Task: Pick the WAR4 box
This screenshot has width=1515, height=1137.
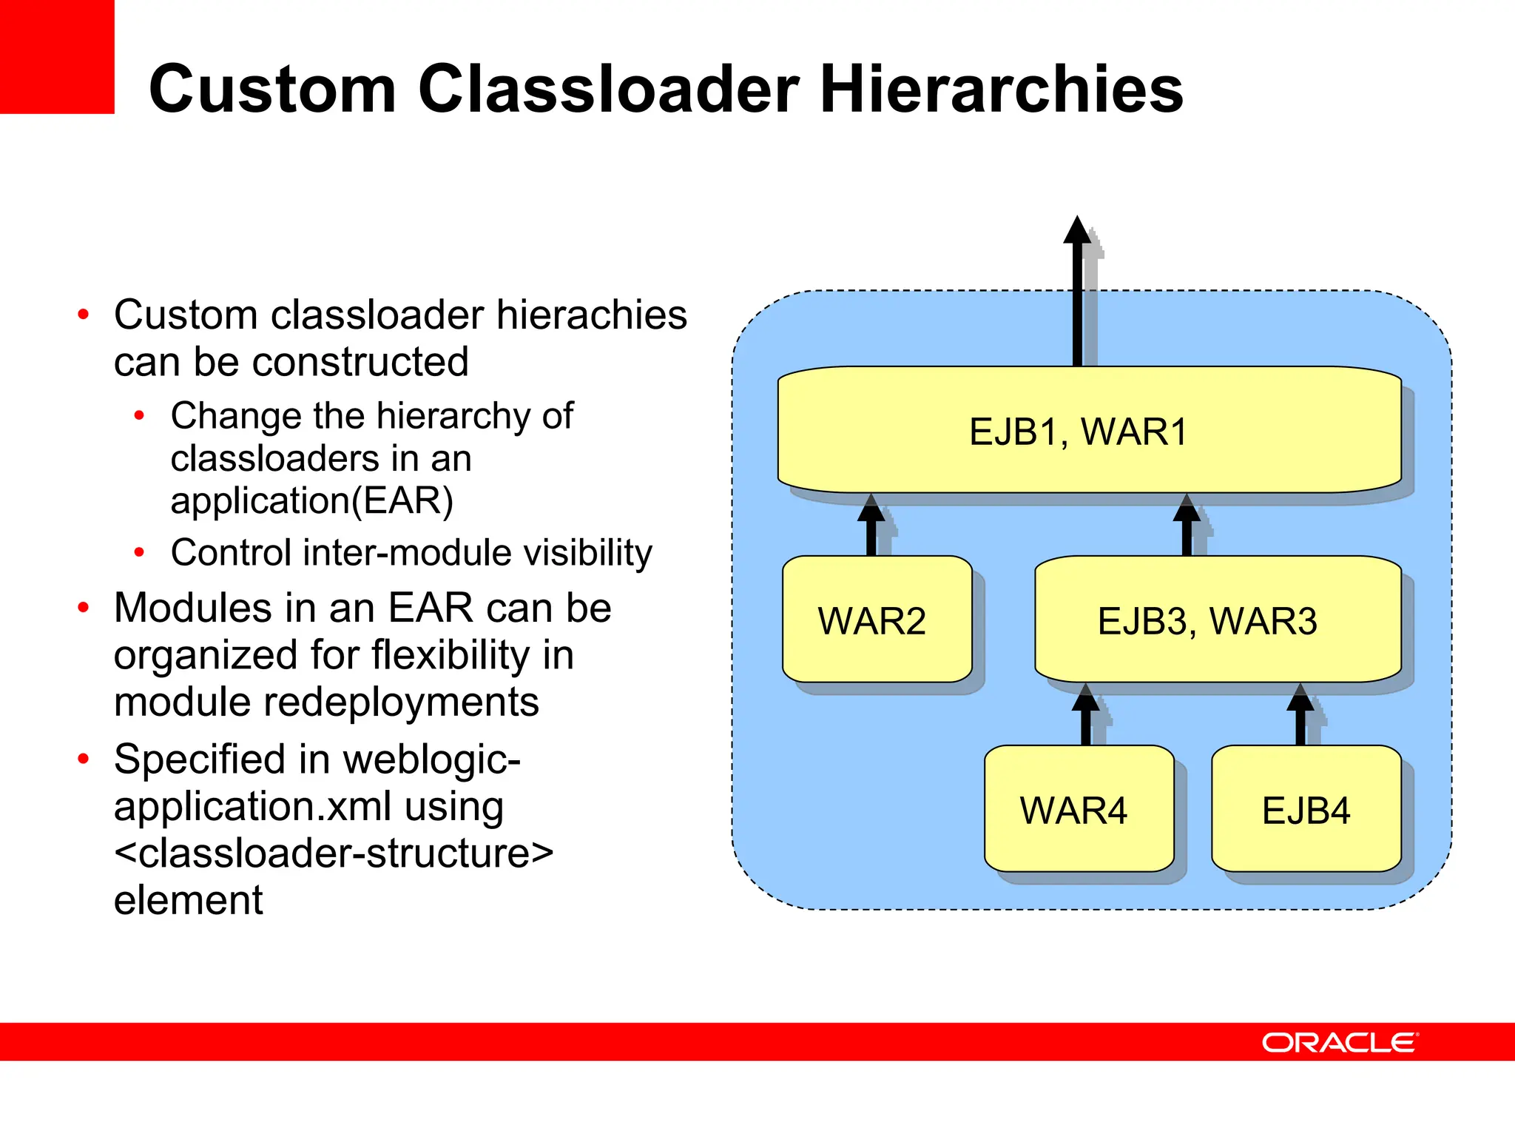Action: [x=1078, y=809]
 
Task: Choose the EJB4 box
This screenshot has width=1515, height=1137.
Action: [x=1306, y=809]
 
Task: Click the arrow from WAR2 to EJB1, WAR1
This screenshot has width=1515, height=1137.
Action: [x=871, y=527]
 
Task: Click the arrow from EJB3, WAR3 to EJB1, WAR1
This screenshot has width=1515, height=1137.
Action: [x=1187, y=527]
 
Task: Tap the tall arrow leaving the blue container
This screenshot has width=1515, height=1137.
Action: [x=1077, y=296]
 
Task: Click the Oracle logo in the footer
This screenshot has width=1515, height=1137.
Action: [x=1339, y=1042]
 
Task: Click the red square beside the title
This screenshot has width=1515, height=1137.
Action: [x=57, y=56]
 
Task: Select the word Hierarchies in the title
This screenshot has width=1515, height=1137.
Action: [x=1001, y=89]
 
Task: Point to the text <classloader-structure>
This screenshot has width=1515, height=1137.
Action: [x=334, y=853]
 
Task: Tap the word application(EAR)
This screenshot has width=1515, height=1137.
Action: [x=311, y=500]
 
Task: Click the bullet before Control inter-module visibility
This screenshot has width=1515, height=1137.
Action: [x=139, y=552]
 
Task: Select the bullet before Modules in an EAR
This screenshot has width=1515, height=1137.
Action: [x=84, y=608]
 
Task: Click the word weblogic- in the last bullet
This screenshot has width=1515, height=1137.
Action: [x=432, y=759]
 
